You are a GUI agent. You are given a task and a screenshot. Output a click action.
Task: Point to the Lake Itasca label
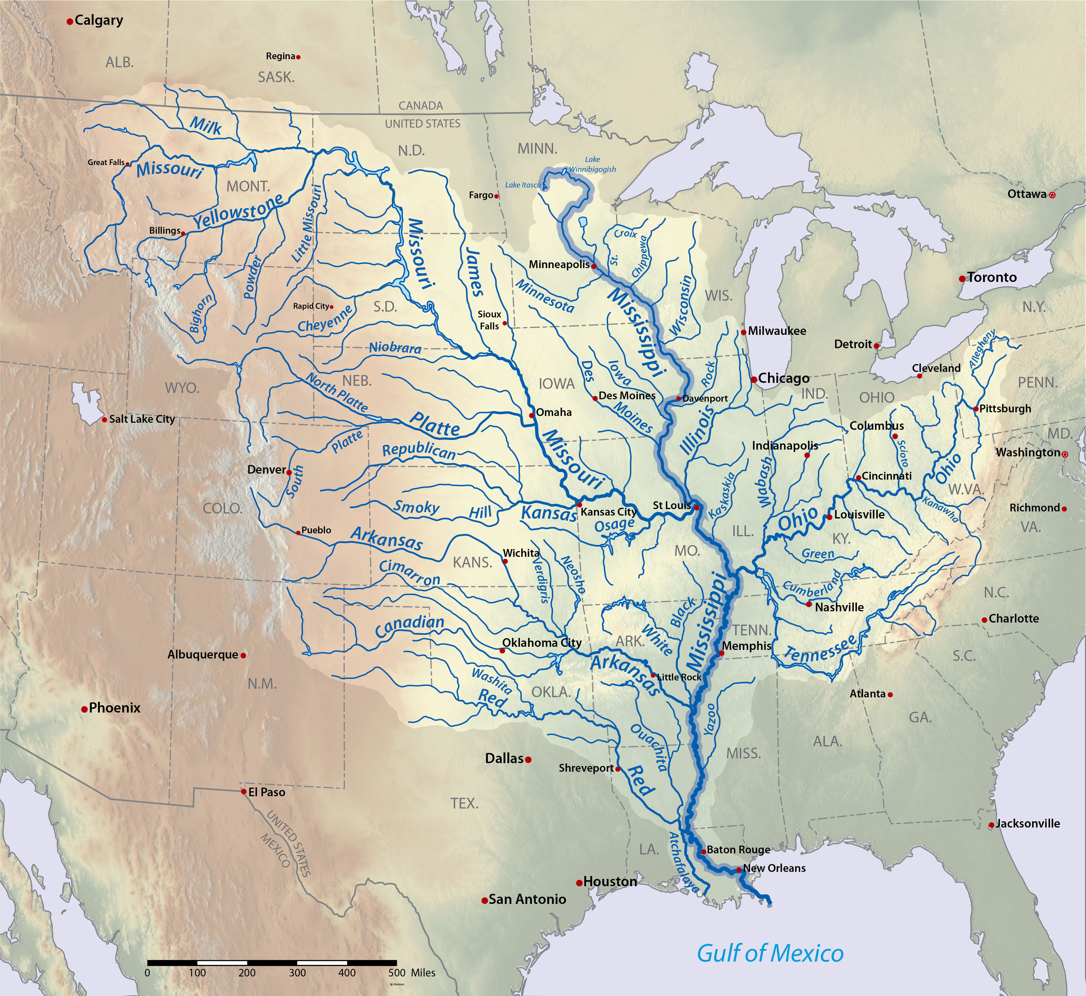click(523, 185)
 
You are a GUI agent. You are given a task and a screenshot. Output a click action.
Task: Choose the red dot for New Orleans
click(739, 870)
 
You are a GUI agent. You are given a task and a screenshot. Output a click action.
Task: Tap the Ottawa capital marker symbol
click(1053, 195)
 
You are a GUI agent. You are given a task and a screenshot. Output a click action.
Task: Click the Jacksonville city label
click(1028, 824)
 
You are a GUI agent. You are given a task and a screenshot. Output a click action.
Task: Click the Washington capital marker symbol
click(1064, 454)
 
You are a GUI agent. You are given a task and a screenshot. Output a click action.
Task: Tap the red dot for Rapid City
click(331, 307)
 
